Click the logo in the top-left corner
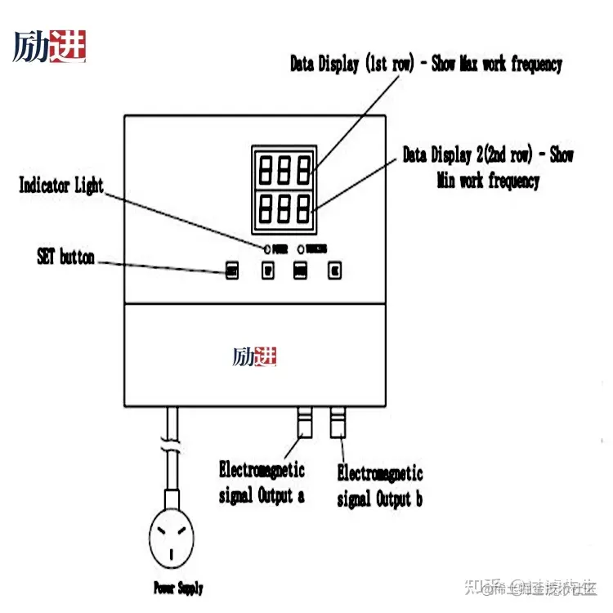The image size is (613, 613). [49, 47]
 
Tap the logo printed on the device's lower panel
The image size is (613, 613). [254, 357]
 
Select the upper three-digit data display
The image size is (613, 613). [284, 170]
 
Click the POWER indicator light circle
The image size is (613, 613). [266, 248]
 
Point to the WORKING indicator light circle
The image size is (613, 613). [301, 248]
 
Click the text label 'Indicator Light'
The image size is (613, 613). [61, 186]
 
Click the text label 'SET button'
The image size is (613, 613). [65, 257]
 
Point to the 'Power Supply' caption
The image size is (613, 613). [178, 587]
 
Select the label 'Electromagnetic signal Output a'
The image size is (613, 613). [262, 482]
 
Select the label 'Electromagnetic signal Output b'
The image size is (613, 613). [380, 485]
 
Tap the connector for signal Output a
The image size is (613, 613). [304, 423]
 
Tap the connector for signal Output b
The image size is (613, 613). [338, 423]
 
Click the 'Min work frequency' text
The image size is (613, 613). [488, 181]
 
